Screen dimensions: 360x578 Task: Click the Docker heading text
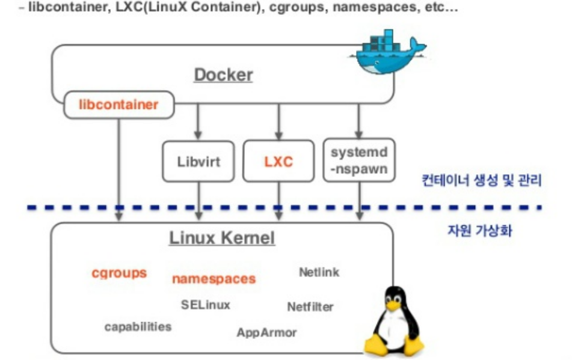click(x=223, y=75)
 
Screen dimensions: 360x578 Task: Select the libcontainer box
click(x=118, y=105)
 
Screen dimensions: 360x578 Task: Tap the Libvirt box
click(x=198, y=161)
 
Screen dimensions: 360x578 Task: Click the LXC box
click(x=278, y=161)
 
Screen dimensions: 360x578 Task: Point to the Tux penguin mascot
click(x=394, y=322)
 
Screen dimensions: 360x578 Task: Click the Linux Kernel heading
click(x=222, y=238)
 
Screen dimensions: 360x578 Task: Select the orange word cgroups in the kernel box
click(x=119, y=273)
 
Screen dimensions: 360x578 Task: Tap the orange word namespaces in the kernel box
click(x=214, y=279)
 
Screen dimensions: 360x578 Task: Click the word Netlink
click(x=319, y=272)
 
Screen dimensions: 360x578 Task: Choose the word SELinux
click(x=205, y=305)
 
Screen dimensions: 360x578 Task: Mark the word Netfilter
click(x=310, y=307)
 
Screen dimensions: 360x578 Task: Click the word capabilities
click(x=138, y=327)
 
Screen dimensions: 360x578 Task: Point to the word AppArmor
click(x=266, y=332)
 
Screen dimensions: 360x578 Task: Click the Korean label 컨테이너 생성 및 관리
click(x=481, y=180)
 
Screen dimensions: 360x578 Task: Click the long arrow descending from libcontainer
click(x=119, y=162)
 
